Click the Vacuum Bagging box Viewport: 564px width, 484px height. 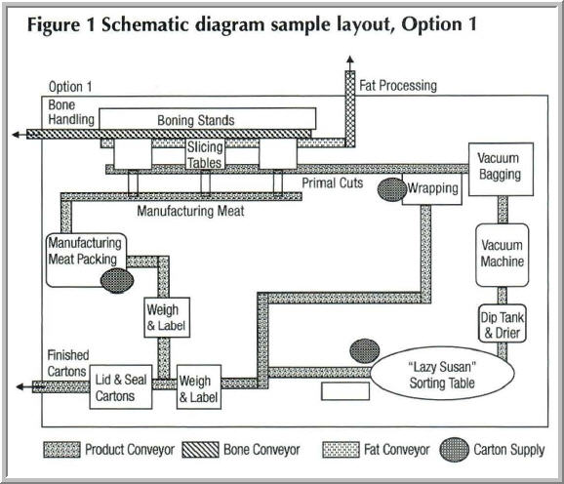coord(500,167)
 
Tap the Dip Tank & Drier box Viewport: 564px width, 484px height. coord(503,324)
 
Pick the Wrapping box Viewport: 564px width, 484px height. coord(433,188)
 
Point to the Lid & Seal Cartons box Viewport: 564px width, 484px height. coord(122,386)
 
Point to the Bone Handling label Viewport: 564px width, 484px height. coord(71,111)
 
